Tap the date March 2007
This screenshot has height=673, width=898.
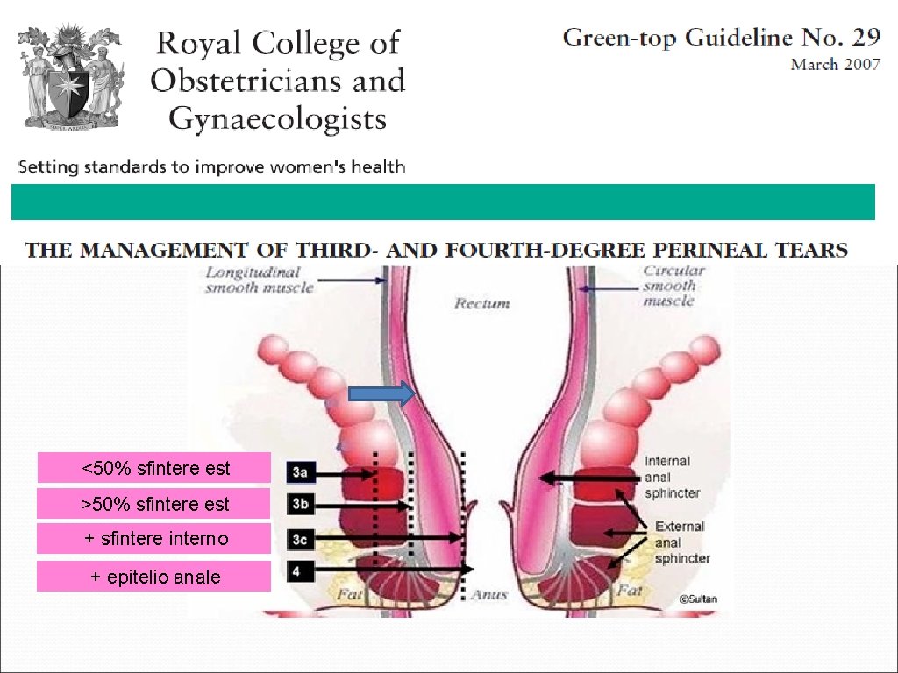click(x=835, y=65)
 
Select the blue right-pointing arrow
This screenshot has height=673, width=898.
click(x=381, y=394)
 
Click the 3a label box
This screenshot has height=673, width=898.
click(x=300, y=473)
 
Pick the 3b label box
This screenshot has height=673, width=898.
click(x=300, y=506)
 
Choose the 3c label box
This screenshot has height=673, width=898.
click(x=300, y=538)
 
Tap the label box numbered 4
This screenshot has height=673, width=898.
click(x=300, y=570)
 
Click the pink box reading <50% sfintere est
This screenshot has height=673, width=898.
click(x=154, y=468)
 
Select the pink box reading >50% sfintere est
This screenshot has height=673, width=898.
click(x=154, y=504)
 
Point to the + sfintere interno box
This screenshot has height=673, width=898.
click(x=154, y=538)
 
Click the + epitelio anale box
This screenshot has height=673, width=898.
click(x=154, y=577)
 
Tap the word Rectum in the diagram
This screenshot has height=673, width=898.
click(x=481, y=303)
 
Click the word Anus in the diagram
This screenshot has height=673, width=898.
click(x=488, y=595)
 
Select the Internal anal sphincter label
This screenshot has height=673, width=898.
click(x=672, y=477)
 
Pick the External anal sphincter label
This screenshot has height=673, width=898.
click(x=682, y=542)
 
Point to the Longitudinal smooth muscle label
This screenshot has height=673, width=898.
click(x=253, y=280)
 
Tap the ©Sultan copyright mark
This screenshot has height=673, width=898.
click(x=697, y=599)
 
